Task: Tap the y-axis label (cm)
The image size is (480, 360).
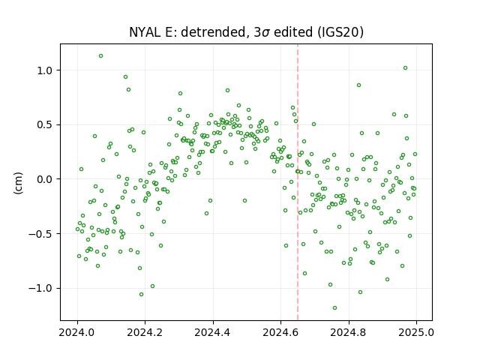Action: pyautogui.click(x=18, y=183)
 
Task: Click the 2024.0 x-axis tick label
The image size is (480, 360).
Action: pyautogui.click(x=76, y=332)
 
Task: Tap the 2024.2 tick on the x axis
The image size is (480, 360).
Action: pyautogui.click(x=145, y=332)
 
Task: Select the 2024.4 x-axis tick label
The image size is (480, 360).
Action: pyautogui.click(x=213, y=332)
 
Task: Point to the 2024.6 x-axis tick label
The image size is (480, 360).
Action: pyautogui.click(x=280, y=332)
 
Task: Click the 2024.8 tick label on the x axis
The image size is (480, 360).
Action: pyautogui.click(x=348, y=332)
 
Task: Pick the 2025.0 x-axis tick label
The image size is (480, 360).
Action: pyautogui.click(x=416, y=332)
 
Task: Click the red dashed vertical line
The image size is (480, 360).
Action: pyautogui.click(x=298, y=182)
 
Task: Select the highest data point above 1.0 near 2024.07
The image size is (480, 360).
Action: pyautogui.click(x=100, y=56)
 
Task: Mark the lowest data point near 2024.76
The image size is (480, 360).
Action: pyautogui.click(x=335, y=308)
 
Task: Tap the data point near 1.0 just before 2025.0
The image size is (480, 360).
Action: pyautogui.click(x=405, y=68)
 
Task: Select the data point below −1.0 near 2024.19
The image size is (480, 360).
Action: pyautogui.click(x=141, y=295)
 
